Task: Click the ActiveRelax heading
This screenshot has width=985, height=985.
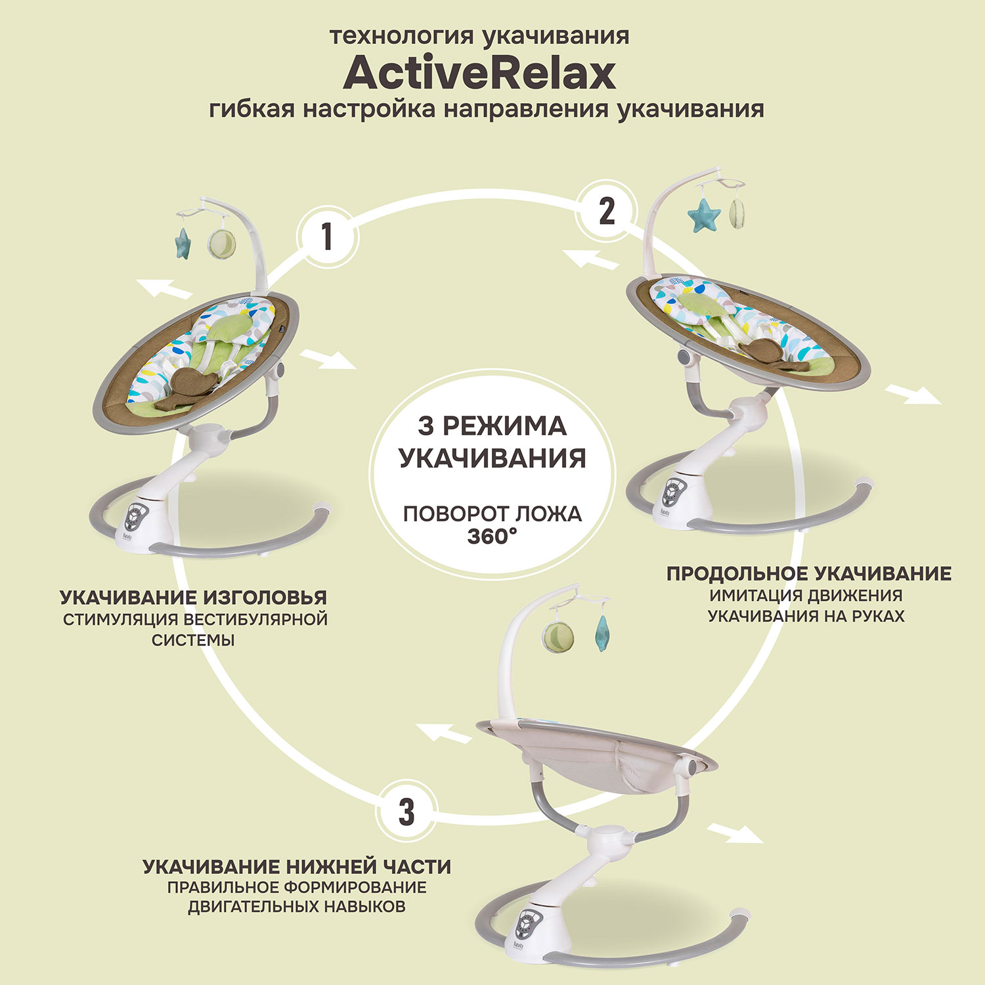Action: coord(479,73)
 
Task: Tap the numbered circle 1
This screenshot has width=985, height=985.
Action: coord(326,237)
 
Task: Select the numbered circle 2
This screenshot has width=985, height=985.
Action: coord(607,211)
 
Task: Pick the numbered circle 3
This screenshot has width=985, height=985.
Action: coord(406,812)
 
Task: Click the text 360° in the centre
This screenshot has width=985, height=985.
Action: coord(492,536)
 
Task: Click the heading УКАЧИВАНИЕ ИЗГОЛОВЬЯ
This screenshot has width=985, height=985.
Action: coord(194,598)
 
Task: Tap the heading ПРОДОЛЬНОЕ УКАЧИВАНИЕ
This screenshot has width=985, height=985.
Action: coord(809,573)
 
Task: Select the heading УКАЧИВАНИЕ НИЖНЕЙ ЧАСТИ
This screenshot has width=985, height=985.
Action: coord(297,867)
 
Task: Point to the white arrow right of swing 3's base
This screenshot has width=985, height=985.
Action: coord(735,833)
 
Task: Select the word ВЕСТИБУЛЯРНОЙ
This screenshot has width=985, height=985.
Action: coord(255,619)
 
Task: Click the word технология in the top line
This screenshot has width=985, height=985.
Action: coord(402,36)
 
